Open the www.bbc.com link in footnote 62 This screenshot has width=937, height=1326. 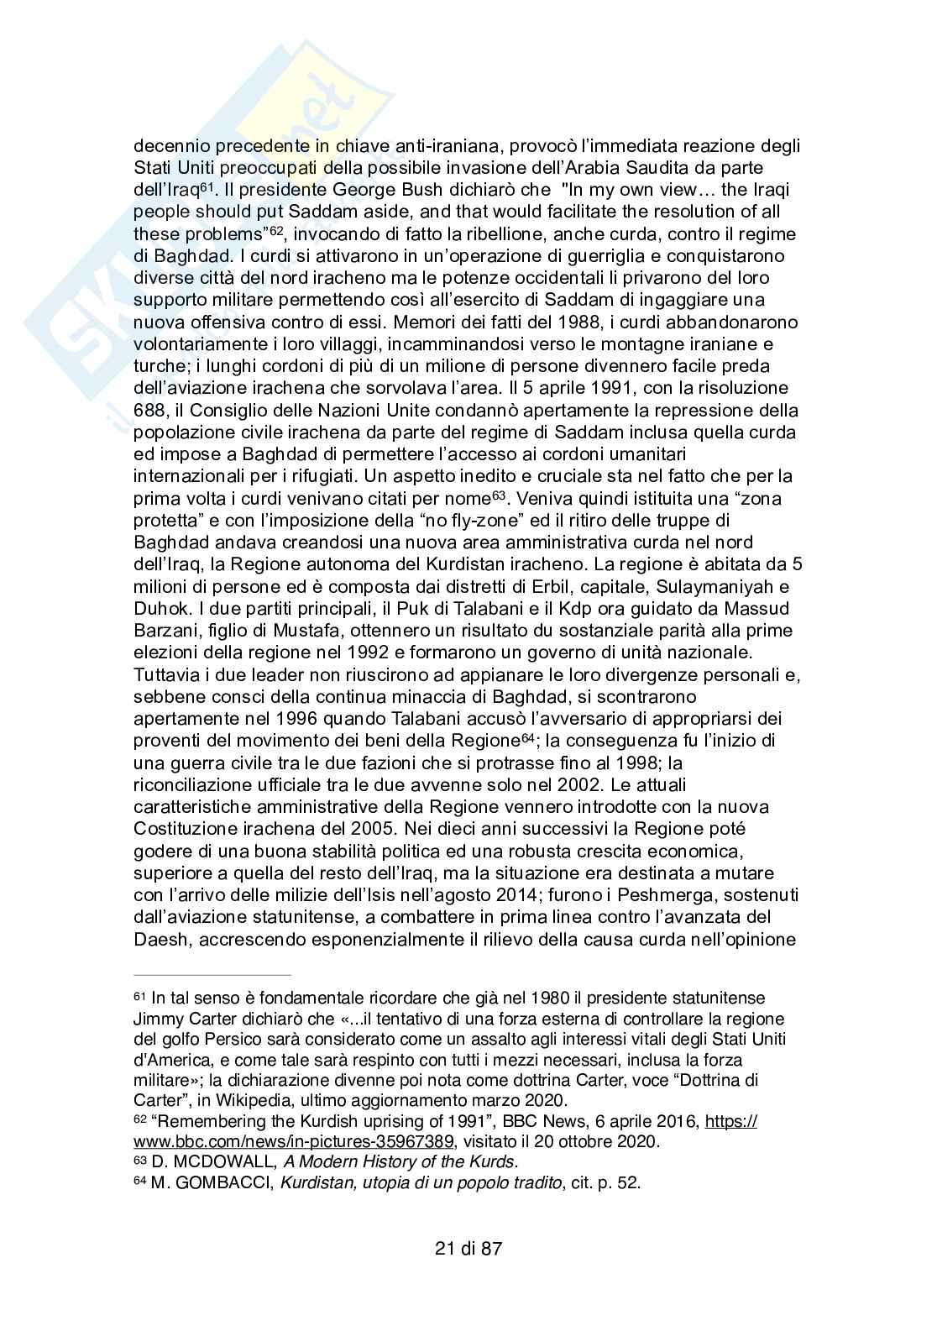click(x=294, y=1141)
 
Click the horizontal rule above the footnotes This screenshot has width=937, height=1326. click(x=212, y=976)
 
